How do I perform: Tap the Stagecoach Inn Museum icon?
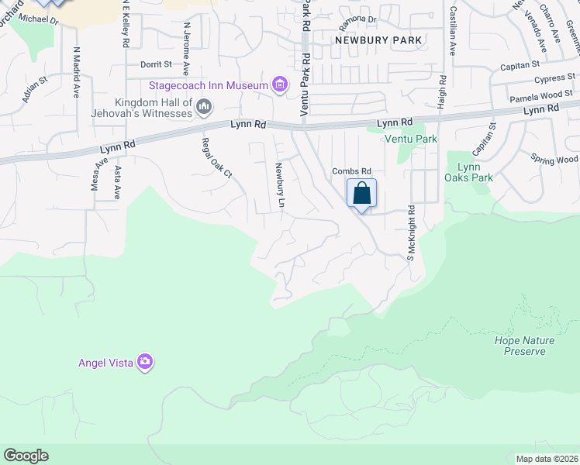tap(281, 84)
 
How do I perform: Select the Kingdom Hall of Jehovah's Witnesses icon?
tap(204, 106)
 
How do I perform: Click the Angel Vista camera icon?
tap(145, 362)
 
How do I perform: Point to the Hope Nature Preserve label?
tap(520, 346)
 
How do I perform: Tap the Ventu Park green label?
tap(411, 139)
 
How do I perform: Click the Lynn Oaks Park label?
tap(475, 172)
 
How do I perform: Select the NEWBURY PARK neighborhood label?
tap(378, 40)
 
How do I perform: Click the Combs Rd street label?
tap(352, 171)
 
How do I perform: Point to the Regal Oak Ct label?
tap(217, 157)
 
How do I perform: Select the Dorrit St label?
tap(156, 65)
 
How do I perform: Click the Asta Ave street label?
tap(118, 182)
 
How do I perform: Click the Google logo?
tap(26, 456)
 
